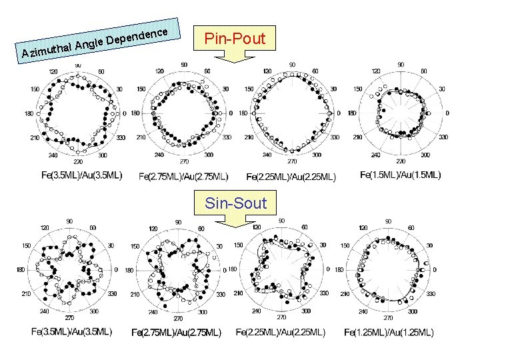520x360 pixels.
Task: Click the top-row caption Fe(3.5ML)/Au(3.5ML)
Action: (81, 175)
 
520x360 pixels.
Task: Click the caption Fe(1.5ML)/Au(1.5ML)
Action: (400, 175)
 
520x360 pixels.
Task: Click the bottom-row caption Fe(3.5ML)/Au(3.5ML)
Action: (71, 331)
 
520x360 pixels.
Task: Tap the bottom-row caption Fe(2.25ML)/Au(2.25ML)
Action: (281, 331)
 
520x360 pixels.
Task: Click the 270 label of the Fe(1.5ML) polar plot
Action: (400, 161)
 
